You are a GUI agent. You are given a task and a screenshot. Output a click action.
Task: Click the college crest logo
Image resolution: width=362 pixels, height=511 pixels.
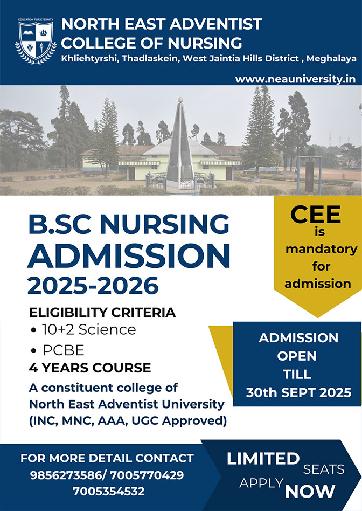(36, 40)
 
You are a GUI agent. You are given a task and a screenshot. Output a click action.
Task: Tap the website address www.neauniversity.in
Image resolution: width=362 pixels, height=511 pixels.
(295, 79)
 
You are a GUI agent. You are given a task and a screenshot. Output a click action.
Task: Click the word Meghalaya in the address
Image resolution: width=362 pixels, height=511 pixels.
(331, 59)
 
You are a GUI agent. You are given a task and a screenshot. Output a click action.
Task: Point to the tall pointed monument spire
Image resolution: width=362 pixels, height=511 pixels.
(180, 143)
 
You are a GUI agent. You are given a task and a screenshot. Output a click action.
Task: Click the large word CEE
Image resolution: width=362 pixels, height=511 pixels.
(316, 214)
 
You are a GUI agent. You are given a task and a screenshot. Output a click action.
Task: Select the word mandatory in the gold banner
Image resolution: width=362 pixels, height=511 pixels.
(321, 250)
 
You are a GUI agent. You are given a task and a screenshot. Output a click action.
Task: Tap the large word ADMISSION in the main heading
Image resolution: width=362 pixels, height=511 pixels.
(129, 255)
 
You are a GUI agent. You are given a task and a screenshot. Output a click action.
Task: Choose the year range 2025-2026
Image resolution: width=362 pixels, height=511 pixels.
(93, 286)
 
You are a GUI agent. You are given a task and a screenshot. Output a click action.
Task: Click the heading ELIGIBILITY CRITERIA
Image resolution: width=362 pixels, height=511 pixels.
(102, 313)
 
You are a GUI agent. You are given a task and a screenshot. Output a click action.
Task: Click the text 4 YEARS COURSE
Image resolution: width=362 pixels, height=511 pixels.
(90, 368)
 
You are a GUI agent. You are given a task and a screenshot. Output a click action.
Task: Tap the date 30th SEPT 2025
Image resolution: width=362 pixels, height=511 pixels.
(298, 392)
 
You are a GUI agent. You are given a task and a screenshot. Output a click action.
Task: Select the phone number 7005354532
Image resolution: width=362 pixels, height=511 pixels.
(108, 491)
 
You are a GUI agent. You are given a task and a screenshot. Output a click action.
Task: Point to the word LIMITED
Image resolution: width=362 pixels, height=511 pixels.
(263, 459)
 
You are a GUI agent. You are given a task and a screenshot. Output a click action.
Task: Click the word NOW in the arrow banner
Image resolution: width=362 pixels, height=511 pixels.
(310, 492)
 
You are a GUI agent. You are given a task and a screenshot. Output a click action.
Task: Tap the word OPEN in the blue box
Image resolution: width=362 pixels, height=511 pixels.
(297, 356)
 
